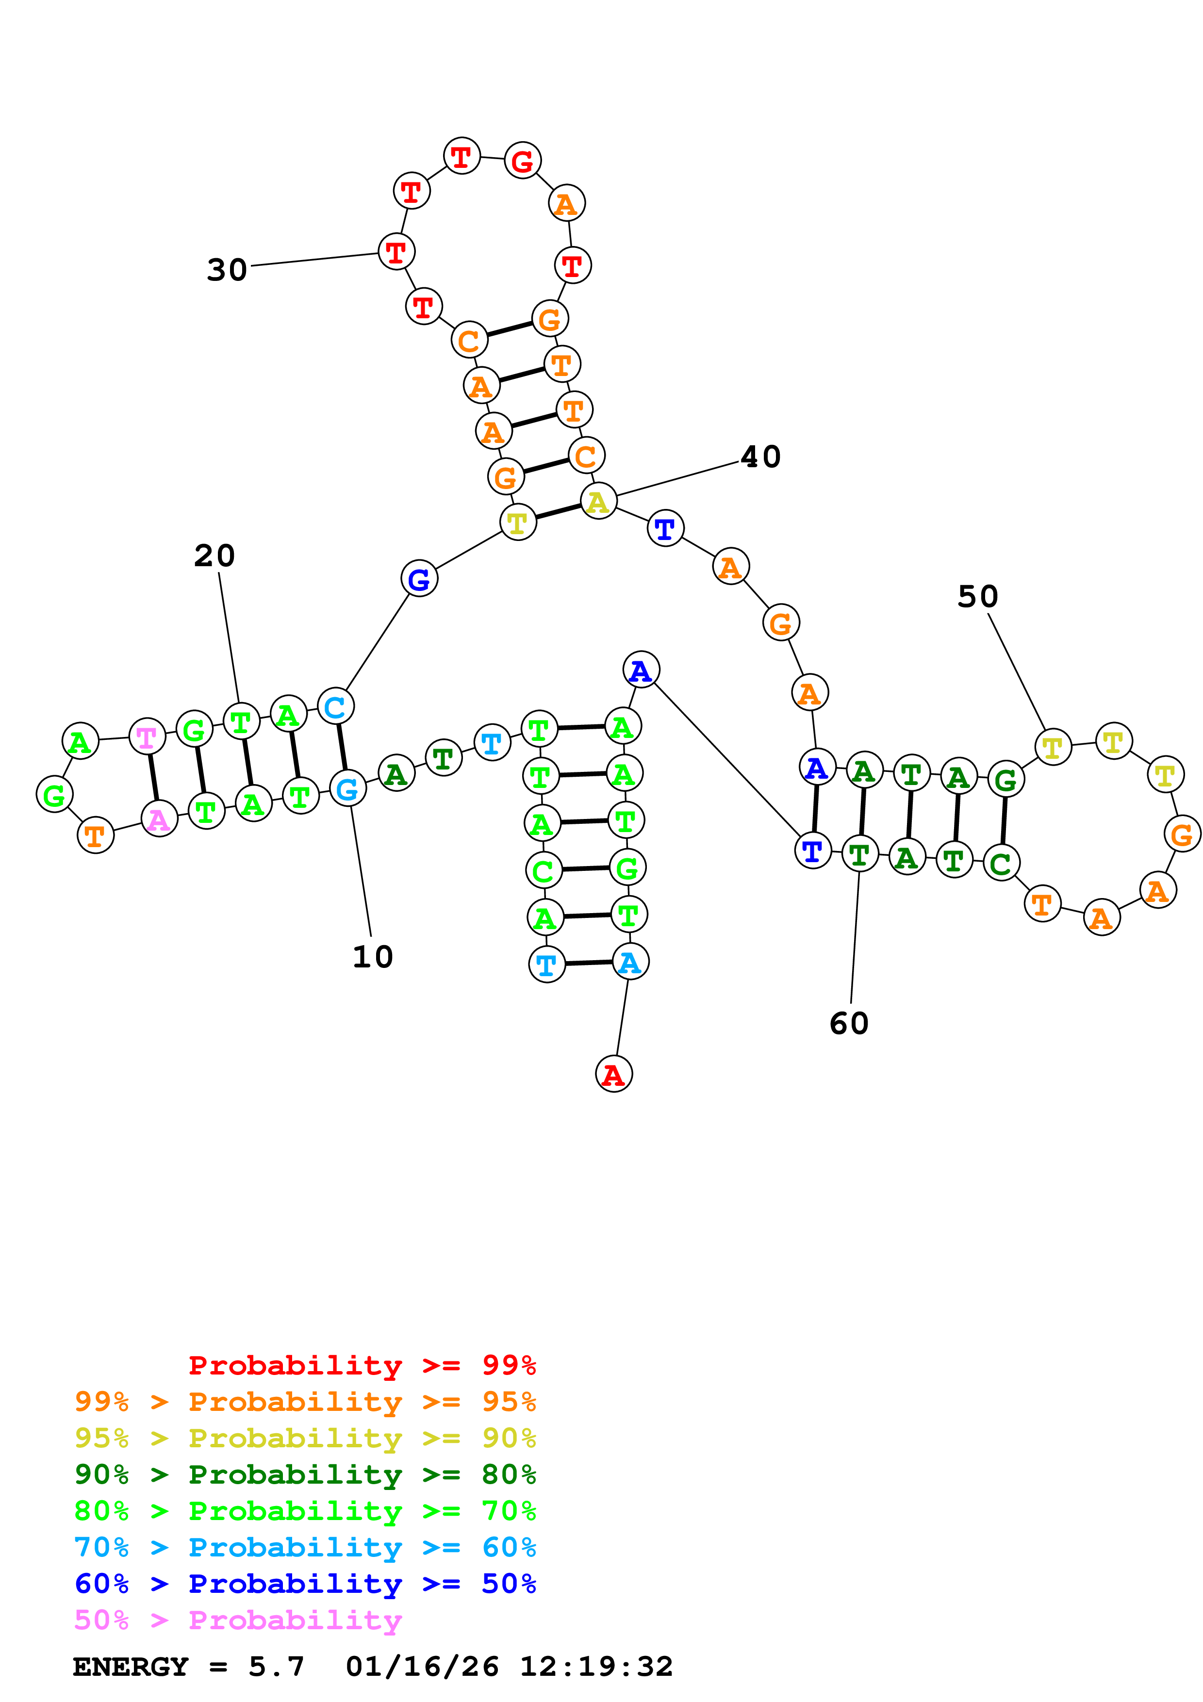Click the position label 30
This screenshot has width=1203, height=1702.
point(227,270)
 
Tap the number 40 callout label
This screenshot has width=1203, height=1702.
point(760,457)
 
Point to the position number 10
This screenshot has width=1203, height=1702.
point(372,957)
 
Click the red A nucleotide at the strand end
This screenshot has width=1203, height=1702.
point(614,1074)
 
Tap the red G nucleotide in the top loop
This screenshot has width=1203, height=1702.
point(523,160)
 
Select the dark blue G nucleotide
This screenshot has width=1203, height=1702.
point(419,579)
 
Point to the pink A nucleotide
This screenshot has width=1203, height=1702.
point(159,819)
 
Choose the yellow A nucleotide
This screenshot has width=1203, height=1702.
point(598,502)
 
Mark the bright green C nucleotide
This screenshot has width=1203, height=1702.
point(544,870)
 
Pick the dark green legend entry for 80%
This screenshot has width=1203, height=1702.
point(305,1474)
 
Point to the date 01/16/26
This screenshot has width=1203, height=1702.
point(422,1667)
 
